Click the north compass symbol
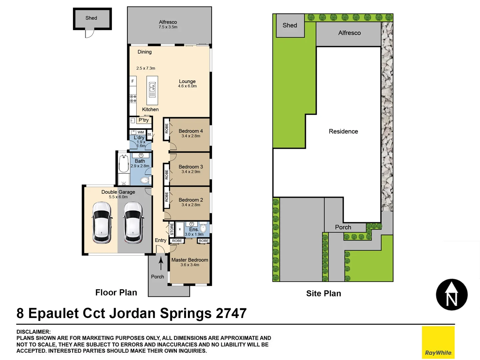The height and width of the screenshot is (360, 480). (x=452, y=295)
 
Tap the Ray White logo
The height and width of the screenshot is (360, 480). (x=438, y=342)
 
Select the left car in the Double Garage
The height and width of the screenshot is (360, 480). (x=102, y=222)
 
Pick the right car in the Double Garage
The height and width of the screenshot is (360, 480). (x=133, y=222)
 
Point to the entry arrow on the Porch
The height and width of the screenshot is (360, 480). (x=161, y=263)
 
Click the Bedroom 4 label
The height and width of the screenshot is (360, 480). (x=191, y=131)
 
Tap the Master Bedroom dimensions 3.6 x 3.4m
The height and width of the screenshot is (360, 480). (x=190, y=265)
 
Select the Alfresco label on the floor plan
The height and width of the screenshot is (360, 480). (x=168, y=22)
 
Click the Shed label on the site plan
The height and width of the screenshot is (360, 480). (x=290, y=25)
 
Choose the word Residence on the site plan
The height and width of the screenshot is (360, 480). (x=343, y=131)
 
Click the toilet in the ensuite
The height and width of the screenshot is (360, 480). (x=203, y=228)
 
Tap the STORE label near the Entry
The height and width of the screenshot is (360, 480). (x=172, y=229)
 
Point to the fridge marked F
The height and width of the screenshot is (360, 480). (x=133, y=81)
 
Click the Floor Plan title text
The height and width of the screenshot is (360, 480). (x=116, y=292)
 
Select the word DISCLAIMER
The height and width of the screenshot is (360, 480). (x=34, y=332)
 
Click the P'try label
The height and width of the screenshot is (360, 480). (x=144, y=120)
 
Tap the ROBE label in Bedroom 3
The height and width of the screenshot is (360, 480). (x=166, y=175)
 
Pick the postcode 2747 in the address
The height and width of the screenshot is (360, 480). (x=231, y=313)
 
